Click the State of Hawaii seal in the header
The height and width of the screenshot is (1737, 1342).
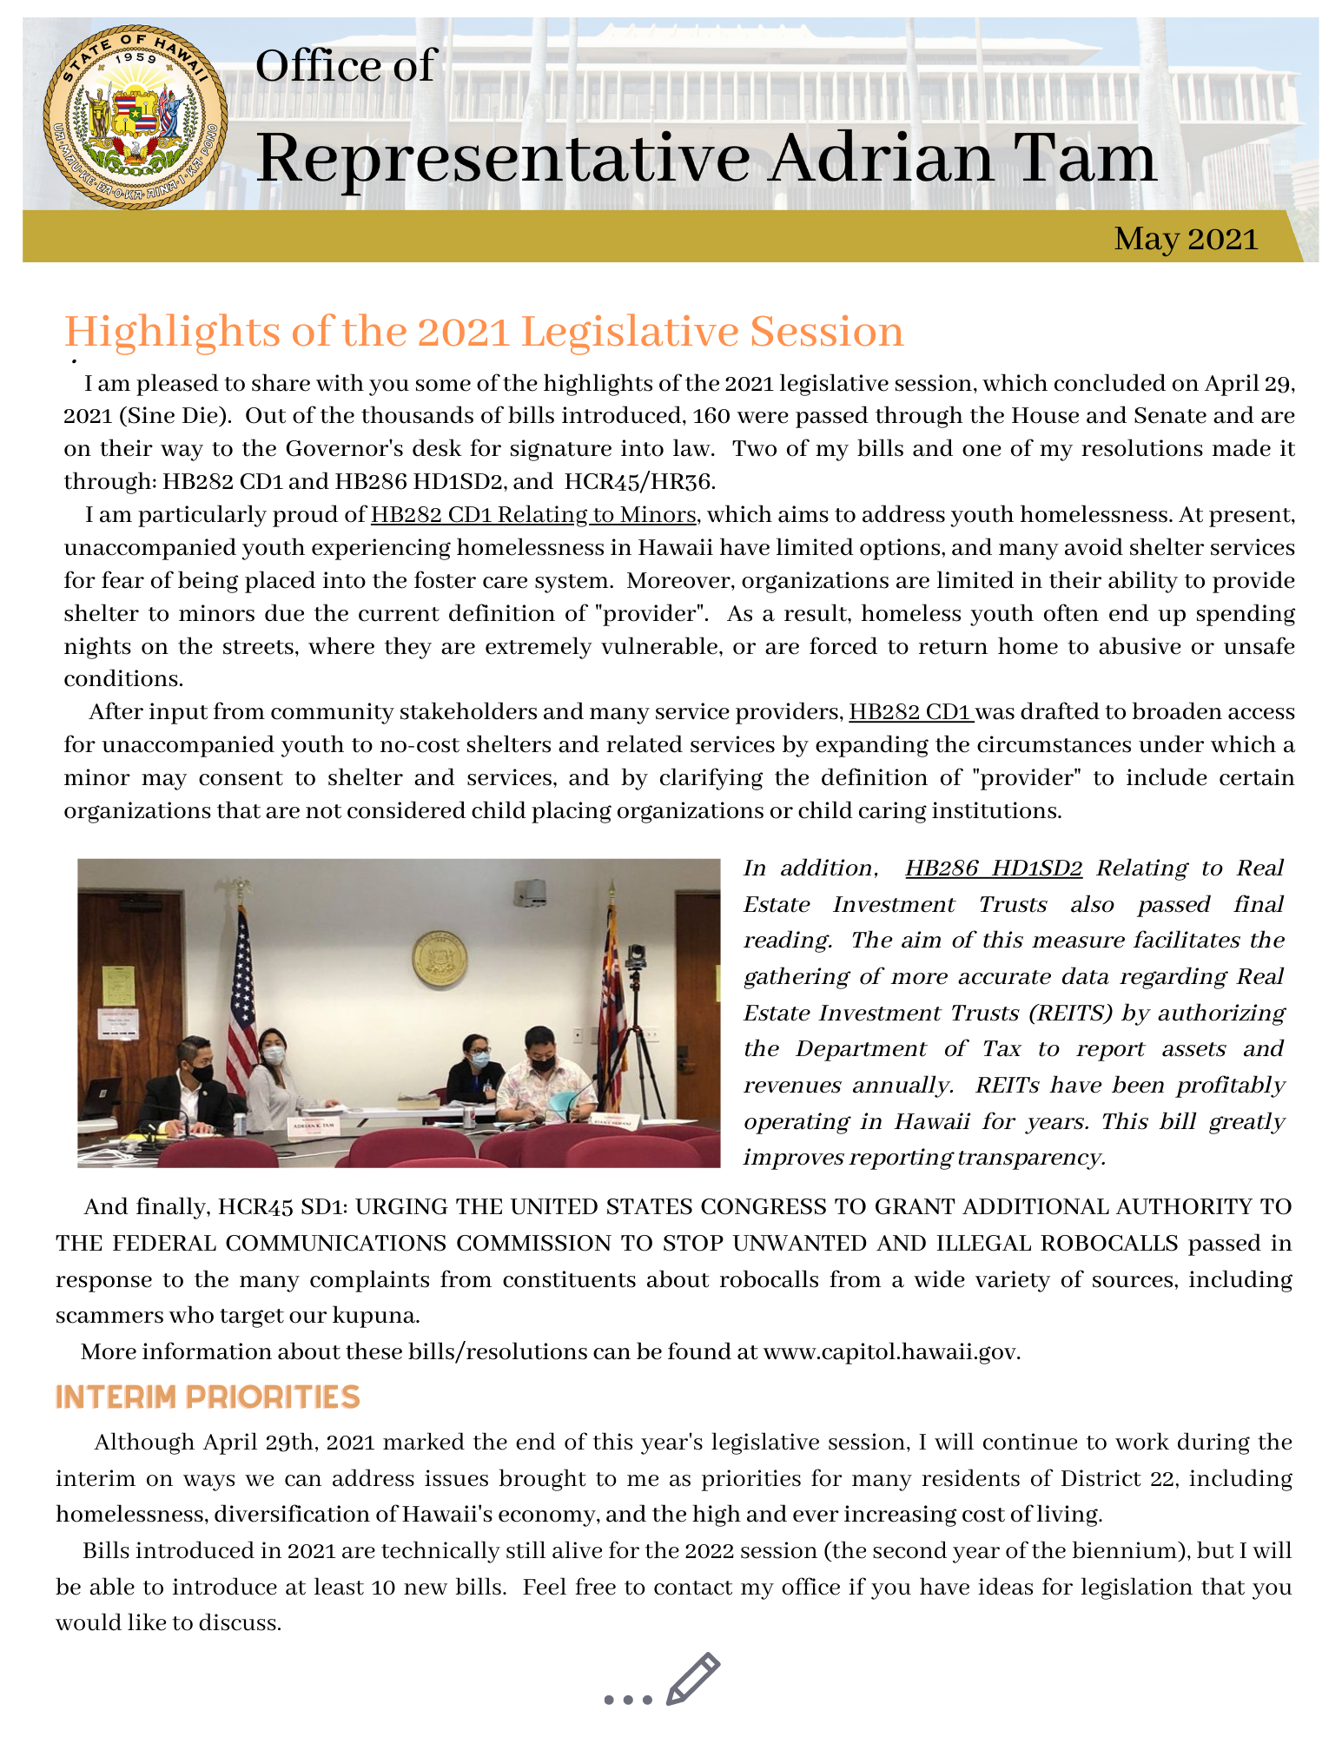tap(136, 117)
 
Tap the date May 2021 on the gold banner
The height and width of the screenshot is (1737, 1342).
tap(1186, 239)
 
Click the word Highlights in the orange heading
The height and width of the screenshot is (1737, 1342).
tap(171, 332)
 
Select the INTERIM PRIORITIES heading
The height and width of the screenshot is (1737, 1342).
tap(208, 1397)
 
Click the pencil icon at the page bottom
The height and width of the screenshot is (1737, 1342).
tap(692, 1679)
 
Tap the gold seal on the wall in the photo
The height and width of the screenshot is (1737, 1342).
tap(440, 959)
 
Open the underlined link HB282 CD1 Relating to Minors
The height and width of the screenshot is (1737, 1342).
tap(533, 515)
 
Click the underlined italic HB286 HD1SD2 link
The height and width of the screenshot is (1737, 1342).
tap(993, 868)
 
